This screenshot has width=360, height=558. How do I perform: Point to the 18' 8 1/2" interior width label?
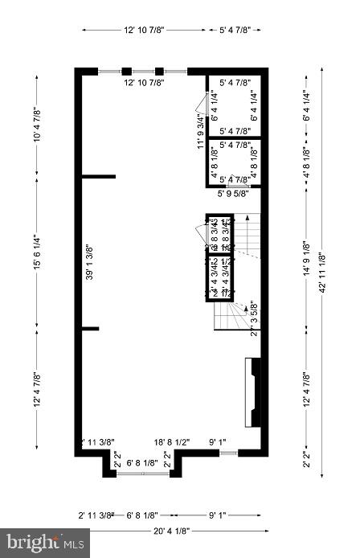tap(172, 442)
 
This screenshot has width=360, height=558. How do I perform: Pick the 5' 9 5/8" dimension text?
tap(233, 193)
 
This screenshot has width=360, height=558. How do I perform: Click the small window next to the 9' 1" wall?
tap(228, 454)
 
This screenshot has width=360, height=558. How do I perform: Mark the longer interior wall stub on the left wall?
tap(99, 175)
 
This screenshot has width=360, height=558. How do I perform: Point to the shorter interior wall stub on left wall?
tap(90, 327)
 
